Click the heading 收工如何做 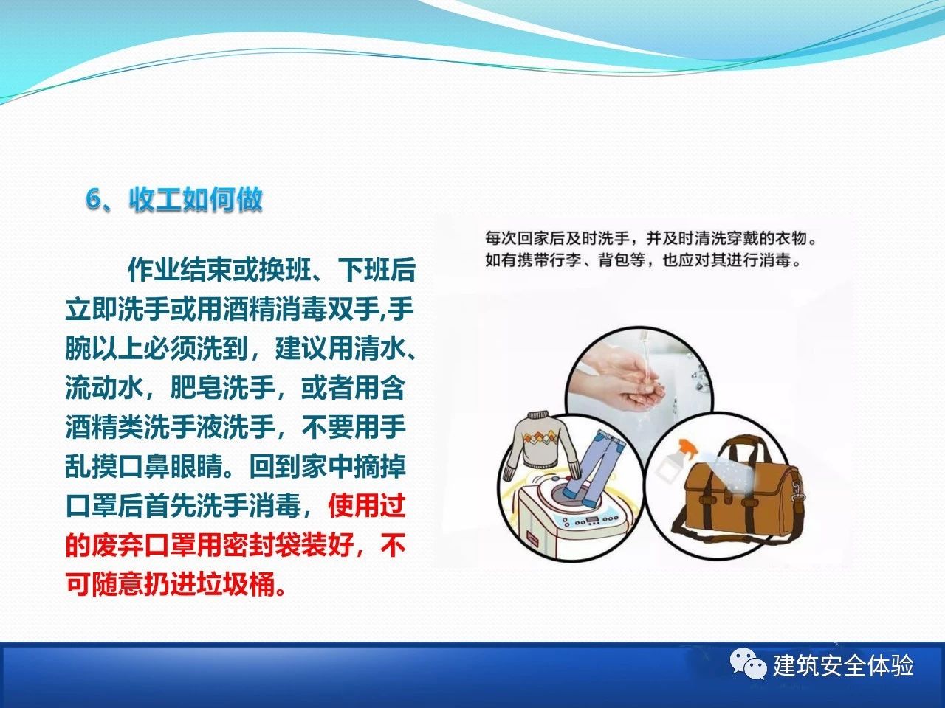pyautogui.click(x=196, y=199)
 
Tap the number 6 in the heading pyautogui.click(x=92, y=199)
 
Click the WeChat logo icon pyautogui.click(x=749, y=664)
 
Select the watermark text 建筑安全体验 pyautogui.click(x=843, y=665)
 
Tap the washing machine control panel pyautogui.click(x=590, y=521)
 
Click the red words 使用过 pyautogui.click(x=367, y=506)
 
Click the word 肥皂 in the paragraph pyautogui.click(x=196, y=388)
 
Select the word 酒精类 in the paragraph pyautogui.click(x=104, y=427)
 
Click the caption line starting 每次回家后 pyautogui.click(x=651, y=238)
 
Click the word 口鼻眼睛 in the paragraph pyautogui.click(x=171, y=466)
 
